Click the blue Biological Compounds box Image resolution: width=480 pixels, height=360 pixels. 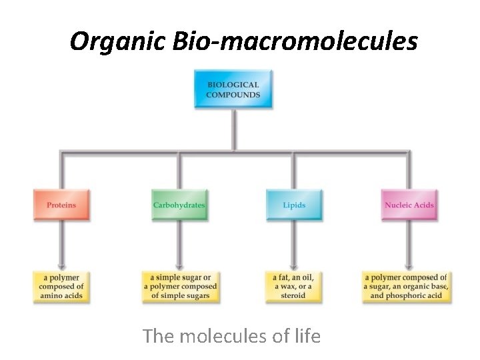tap(233, 89)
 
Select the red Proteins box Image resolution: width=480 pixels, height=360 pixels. tap(61, 205)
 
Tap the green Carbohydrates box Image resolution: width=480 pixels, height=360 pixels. tap(179, 205)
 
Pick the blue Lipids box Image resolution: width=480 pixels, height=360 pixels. tap(294, 205)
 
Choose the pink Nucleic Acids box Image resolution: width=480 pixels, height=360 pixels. tap(409, 205)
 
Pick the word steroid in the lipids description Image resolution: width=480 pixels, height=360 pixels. tap(293, 295)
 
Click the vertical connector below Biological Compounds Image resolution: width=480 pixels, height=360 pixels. tap(233, 130)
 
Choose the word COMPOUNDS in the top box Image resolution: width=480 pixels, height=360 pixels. tap(233, 95)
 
